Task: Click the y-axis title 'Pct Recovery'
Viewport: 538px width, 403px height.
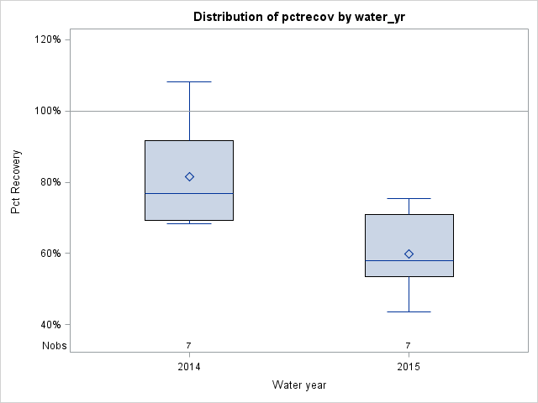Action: coord(16,182)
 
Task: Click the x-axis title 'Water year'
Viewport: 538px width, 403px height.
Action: coord(299,385)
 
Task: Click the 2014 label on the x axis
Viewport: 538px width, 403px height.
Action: coord(189,368)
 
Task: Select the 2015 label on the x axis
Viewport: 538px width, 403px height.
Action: coord(409,368)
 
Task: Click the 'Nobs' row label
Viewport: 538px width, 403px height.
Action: coord(54,345)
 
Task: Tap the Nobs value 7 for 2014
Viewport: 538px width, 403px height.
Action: coord(189,345)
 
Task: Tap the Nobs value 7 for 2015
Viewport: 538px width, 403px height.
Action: coord(409,345)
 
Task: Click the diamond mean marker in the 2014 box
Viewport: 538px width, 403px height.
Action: coord(189,176)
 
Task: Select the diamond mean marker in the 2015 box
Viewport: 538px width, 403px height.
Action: coord(409,254)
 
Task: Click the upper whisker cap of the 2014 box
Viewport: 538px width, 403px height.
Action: coord(189,81)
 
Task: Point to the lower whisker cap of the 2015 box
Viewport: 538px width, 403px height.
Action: coord(409,311)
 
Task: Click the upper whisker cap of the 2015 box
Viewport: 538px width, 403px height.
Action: coord(409,198)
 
